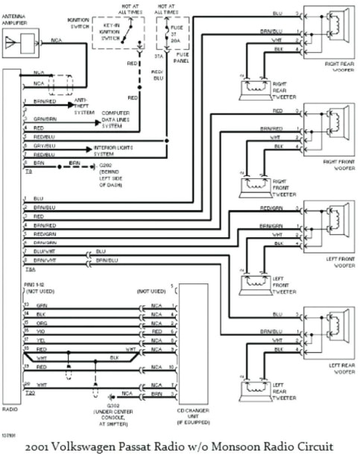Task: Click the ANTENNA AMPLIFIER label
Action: tap(19, 22)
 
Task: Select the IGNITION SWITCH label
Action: tap(78, 22)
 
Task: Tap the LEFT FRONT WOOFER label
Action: tap(336, 261)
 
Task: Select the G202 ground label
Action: tap(110, 165)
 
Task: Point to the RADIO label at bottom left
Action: tap(10, 409)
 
